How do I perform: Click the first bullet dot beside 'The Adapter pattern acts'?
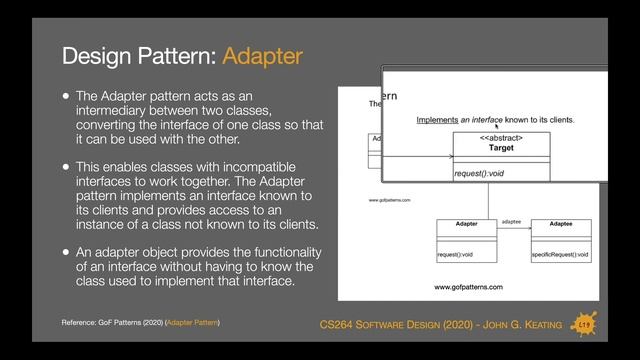tap(66, 96)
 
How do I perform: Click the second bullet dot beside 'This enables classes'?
tap(66, 166)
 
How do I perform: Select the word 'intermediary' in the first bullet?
tap(116, 111)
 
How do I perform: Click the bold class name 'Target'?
tap(501, 148)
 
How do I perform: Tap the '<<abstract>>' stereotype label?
tap(501, 137)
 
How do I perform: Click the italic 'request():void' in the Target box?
tap(480, 173)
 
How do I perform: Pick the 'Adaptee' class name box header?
tap(560, 224)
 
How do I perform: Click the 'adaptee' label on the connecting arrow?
tap(511, 219)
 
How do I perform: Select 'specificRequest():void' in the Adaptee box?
tap(560, 255)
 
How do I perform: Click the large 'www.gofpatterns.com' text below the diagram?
tap(467, 287)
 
